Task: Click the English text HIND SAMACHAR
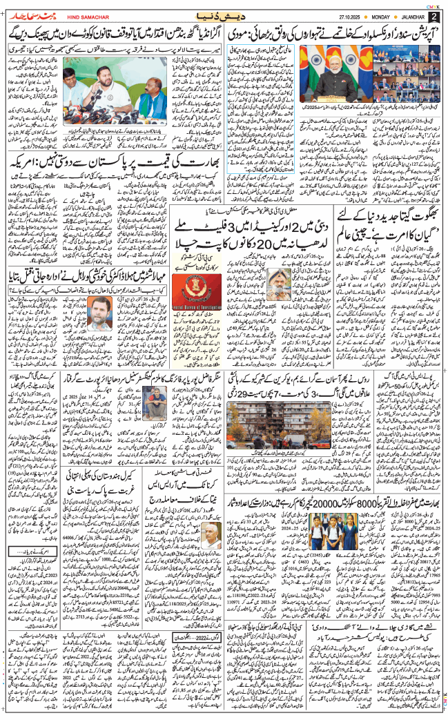pos(83,15)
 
